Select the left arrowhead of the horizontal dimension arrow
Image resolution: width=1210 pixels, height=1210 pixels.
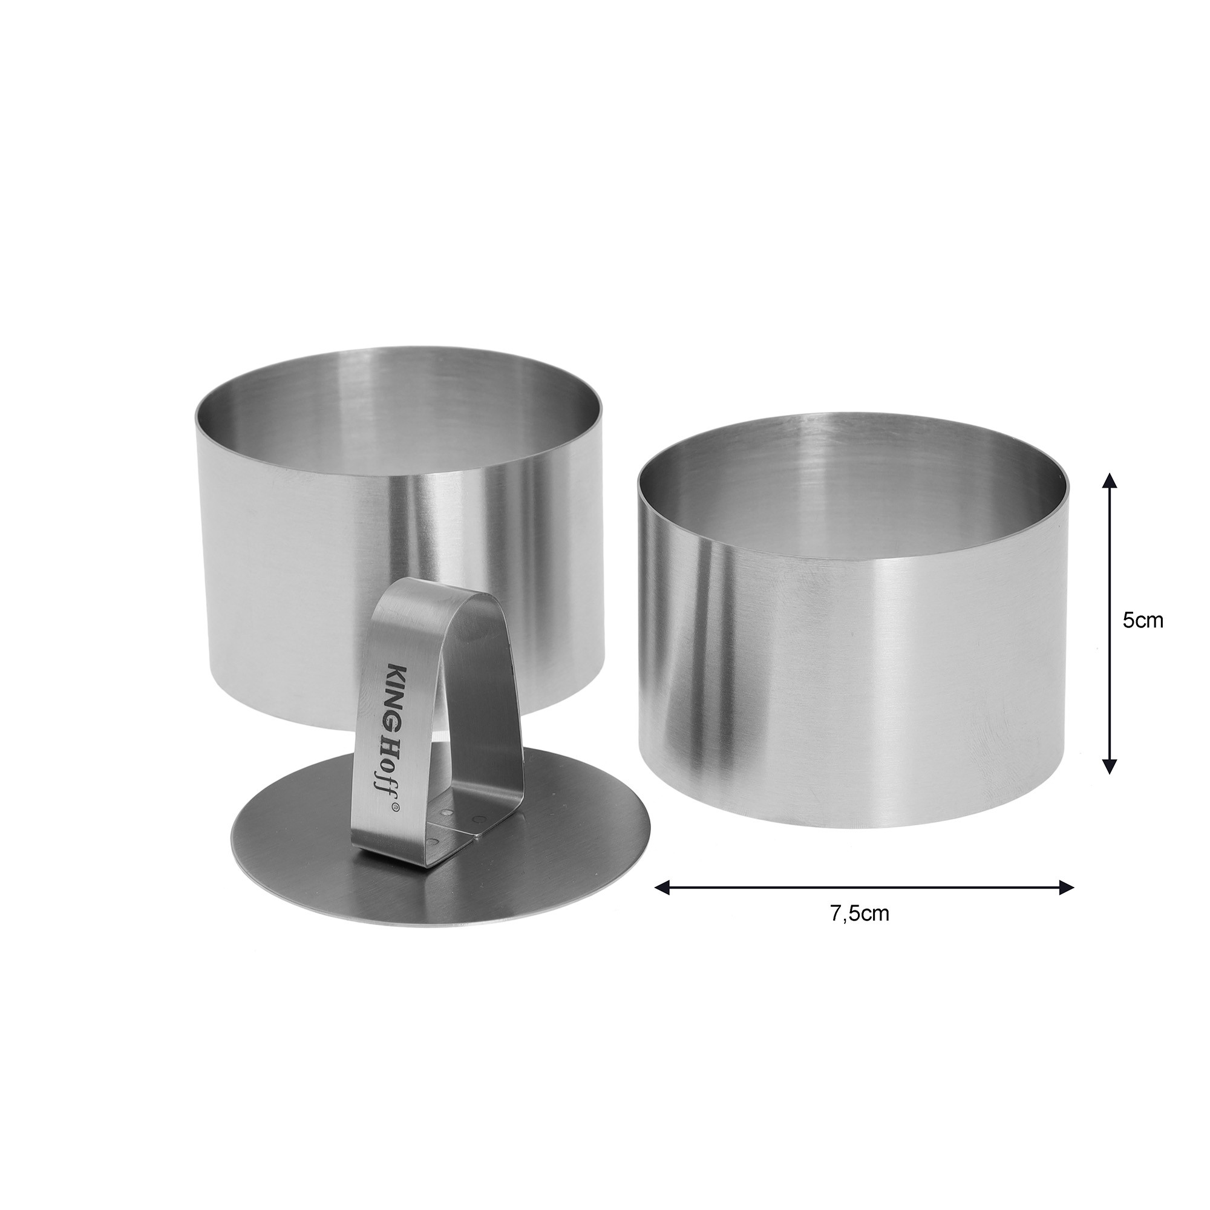click(x=663, y=887)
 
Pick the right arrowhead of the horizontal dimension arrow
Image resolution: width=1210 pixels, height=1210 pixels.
click(x=1065, y=887)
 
